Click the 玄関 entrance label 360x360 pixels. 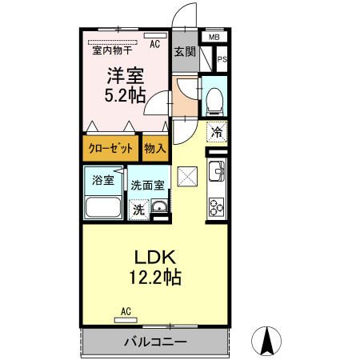point(184,51)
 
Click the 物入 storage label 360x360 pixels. point(155,149)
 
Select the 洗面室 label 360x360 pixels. point(149,183)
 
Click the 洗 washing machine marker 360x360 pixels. point(138,210)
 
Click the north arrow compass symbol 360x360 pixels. point(266,342)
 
